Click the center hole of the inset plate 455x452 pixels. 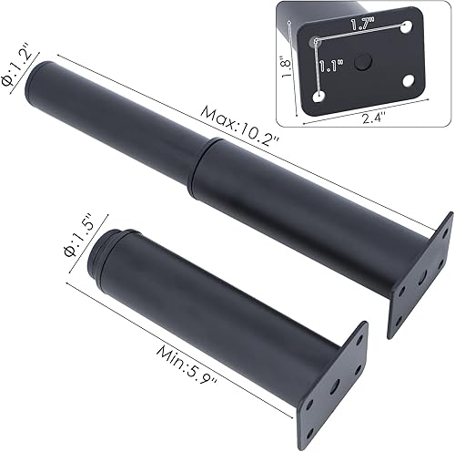[363, 62]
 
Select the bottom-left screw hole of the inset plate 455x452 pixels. [319, 95]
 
